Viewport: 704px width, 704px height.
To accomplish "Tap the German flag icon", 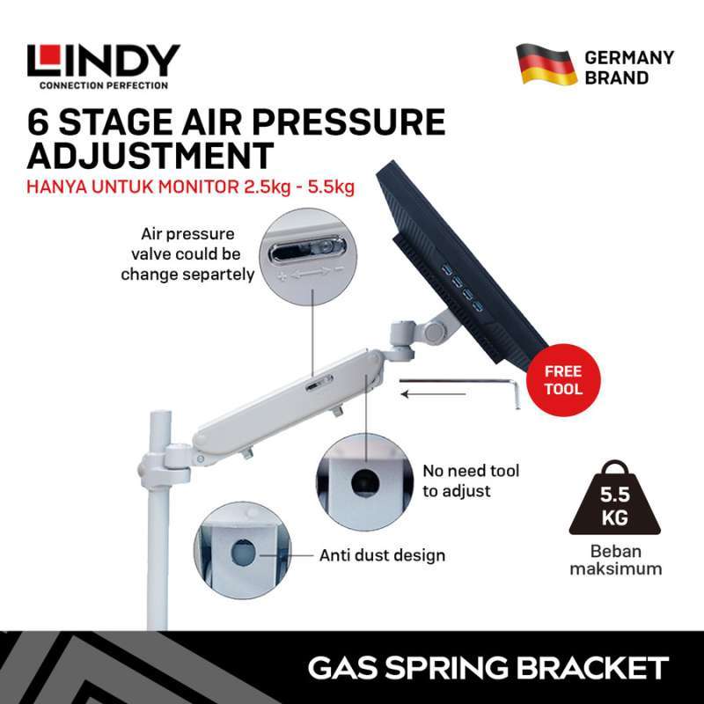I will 546,64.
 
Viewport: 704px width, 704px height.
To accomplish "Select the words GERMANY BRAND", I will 628,68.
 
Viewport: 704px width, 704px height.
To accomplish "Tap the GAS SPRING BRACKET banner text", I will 488,667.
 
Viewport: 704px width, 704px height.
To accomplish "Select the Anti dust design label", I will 382,555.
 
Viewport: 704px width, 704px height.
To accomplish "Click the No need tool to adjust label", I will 470,480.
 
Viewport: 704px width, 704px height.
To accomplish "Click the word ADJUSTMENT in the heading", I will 150,155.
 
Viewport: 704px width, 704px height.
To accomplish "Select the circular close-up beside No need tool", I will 363,480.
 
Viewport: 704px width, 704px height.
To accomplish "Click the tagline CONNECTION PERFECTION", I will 103,85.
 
